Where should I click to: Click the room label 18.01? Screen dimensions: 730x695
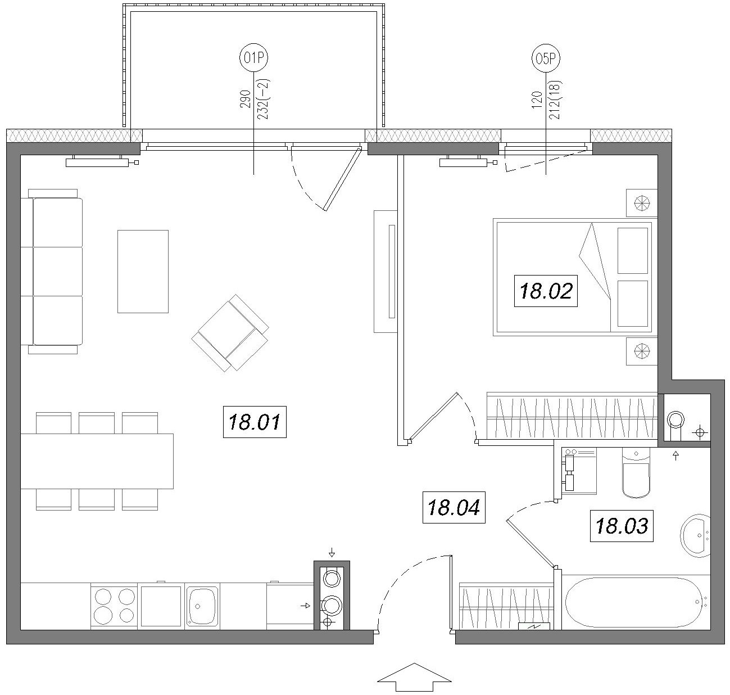(x=255, y=422)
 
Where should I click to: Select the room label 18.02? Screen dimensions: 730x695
(x=546, y=291)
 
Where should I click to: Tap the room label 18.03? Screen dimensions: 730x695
(x=622, y=526)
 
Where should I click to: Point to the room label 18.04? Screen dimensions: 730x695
(x=454, y=507)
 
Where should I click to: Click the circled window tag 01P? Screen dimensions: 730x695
(x=253, y=58)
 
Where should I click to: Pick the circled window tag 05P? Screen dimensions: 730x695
(x=546, y=58)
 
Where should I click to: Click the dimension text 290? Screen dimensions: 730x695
(x=245, y=99)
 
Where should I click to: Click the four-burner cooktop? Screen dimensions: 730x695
(x=114, y=606)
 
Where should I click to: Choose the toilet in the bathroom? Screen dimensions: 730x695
(x=636, y=472)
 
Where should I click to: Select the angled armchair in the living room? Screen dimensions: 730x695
(x=230, y=333)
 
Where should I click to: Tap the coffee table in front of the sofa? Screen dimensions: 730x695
(x=143, y=272)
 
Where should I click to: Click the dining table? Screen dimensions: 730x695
(x=97, y=461)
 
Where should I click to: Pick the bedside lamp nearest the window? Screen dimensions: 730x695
(x=642, y=204)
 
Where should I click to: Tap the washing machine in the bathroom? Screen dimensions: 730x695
(x=579, y=471)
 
